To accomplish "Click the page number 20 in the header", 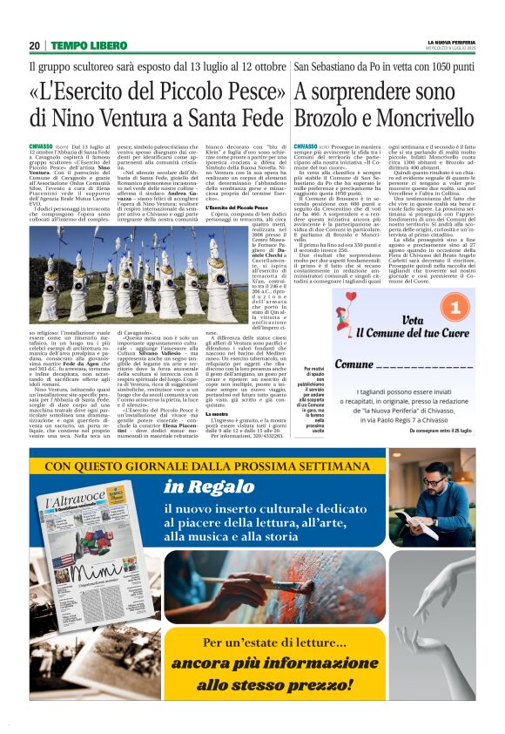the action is [34, 45].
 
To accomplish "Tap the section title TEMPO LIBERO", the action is [88, 45].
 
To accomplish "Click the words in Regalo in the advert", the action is [203, 486].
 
